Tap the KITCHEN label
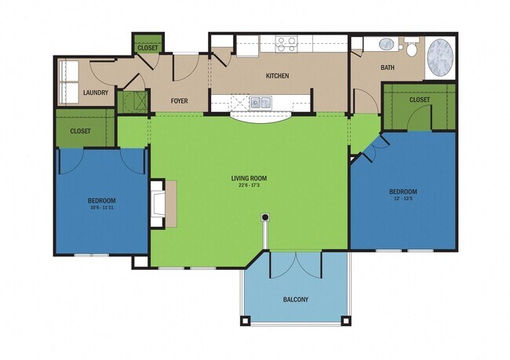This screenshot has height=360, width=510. (277, 76)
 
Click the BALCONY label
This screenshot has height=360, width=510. (295, 300)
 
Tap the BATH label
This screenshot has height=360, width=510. (388, 67)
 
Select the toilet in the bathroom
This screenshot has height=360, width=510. (411, 47)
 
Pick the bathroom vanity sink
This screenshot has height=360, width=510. (388, 44)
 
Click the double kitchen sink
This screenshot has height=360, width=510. (260, 101)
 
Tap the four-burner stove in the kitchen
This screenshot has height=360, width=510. (286, 43)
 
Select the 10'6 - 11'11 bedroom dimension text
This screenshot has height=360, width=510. (101, 208)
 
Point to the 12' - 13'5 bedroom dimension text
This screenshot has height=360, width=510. (403, 199)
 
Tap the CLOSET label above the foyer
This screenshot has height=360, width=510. (148, 48)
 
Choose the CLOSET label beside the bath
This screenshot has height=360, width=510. (419, 100)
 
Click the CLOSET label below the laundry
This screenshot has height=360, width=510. (80, 131)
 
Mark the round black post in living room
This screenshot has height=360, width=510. (265, 216)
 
